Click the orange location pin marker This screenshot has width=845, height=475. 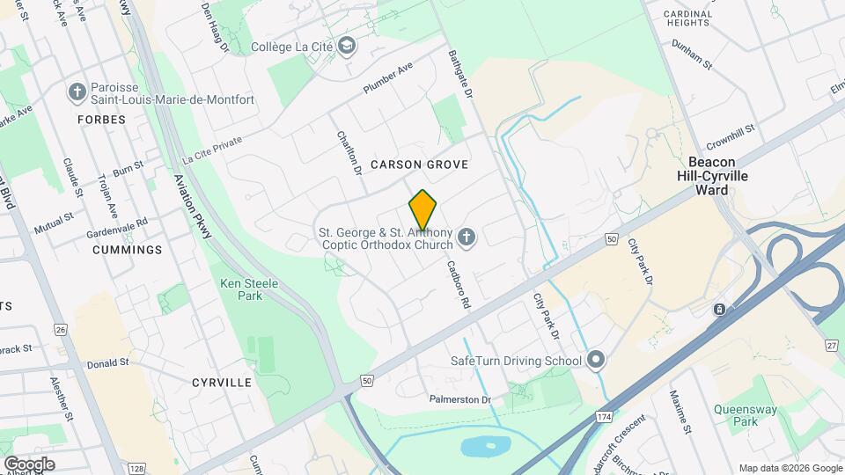coord(423,209)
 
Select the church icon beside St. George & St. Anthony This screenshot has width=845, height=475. coord(467,236)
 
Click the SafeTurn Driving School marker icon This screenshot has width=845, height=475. coord(597,360)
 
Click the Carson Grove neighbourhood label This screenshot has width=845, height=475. coord(419,164)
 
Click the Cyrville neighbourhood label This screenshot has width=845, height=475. coord(222,383)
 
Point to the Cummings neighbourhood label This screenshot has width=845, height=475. coord(128,250)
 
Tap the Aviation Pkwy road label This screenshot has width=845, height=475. coord(194,206)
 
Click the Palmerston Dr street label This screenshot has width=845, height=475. coord(459,399)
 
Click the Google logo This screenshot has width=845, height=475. coord(29,464)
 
